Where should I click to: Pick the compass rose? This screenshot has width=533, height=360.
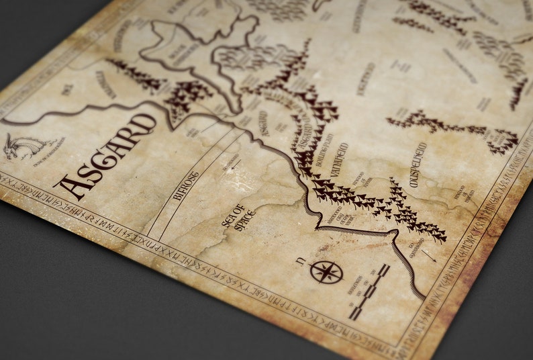click(x=326, y=272)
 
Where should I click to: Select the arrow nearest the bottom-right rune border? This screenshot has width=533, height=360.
click(x=430, y=255)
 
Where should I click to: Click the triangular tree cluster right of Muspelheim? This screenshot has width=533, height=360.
click(x=503, y=142)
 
